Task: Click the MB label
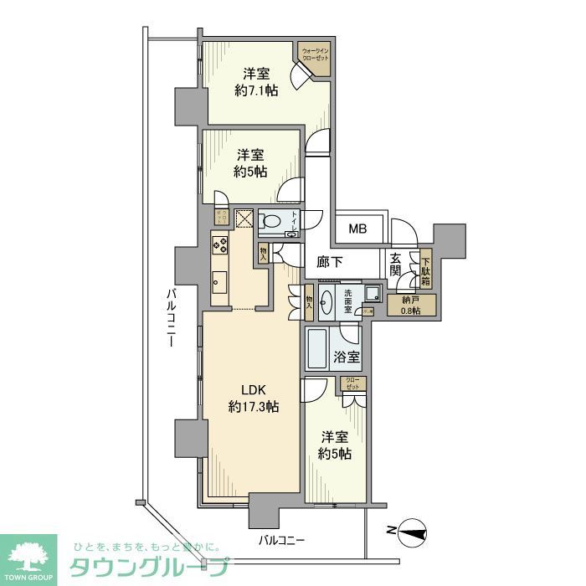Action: [x=357, y=228]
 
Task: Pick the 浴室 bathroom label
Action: [x=347, y=357]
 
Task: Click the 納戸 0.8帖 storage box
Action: [x=409, y=305]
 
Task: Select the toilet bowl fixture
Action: [x=271, y=222]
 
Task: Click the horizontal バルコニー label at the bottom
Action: [x=280, y=541]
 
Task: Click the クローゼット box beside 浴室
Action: [x=352, y=385]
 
